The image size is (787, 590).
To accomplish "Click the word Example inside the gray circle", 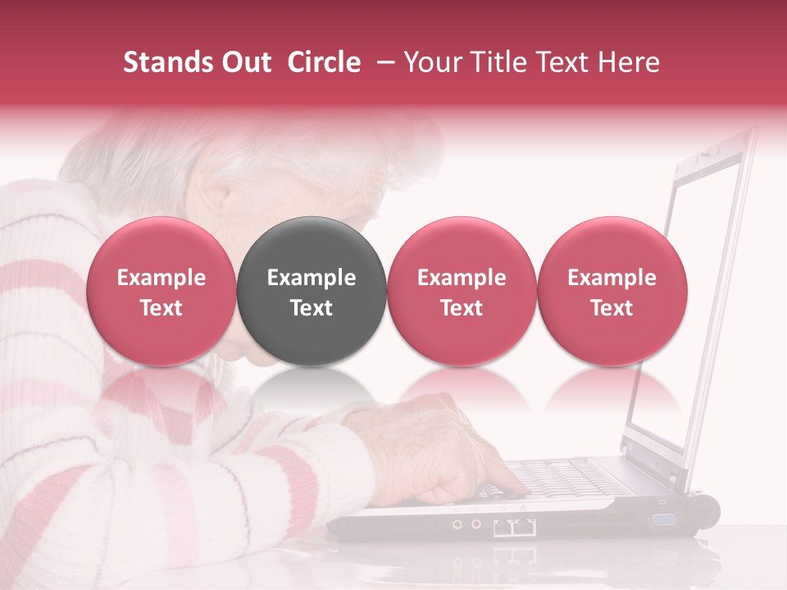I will pyautogui.click(x=312, y=278).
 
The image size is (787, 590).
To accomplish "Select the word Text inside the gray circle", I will pyautogui.click(x=312, y=308).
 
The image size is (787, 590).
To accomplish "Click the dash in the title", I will pyautogui.click(x=382, y=62).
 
